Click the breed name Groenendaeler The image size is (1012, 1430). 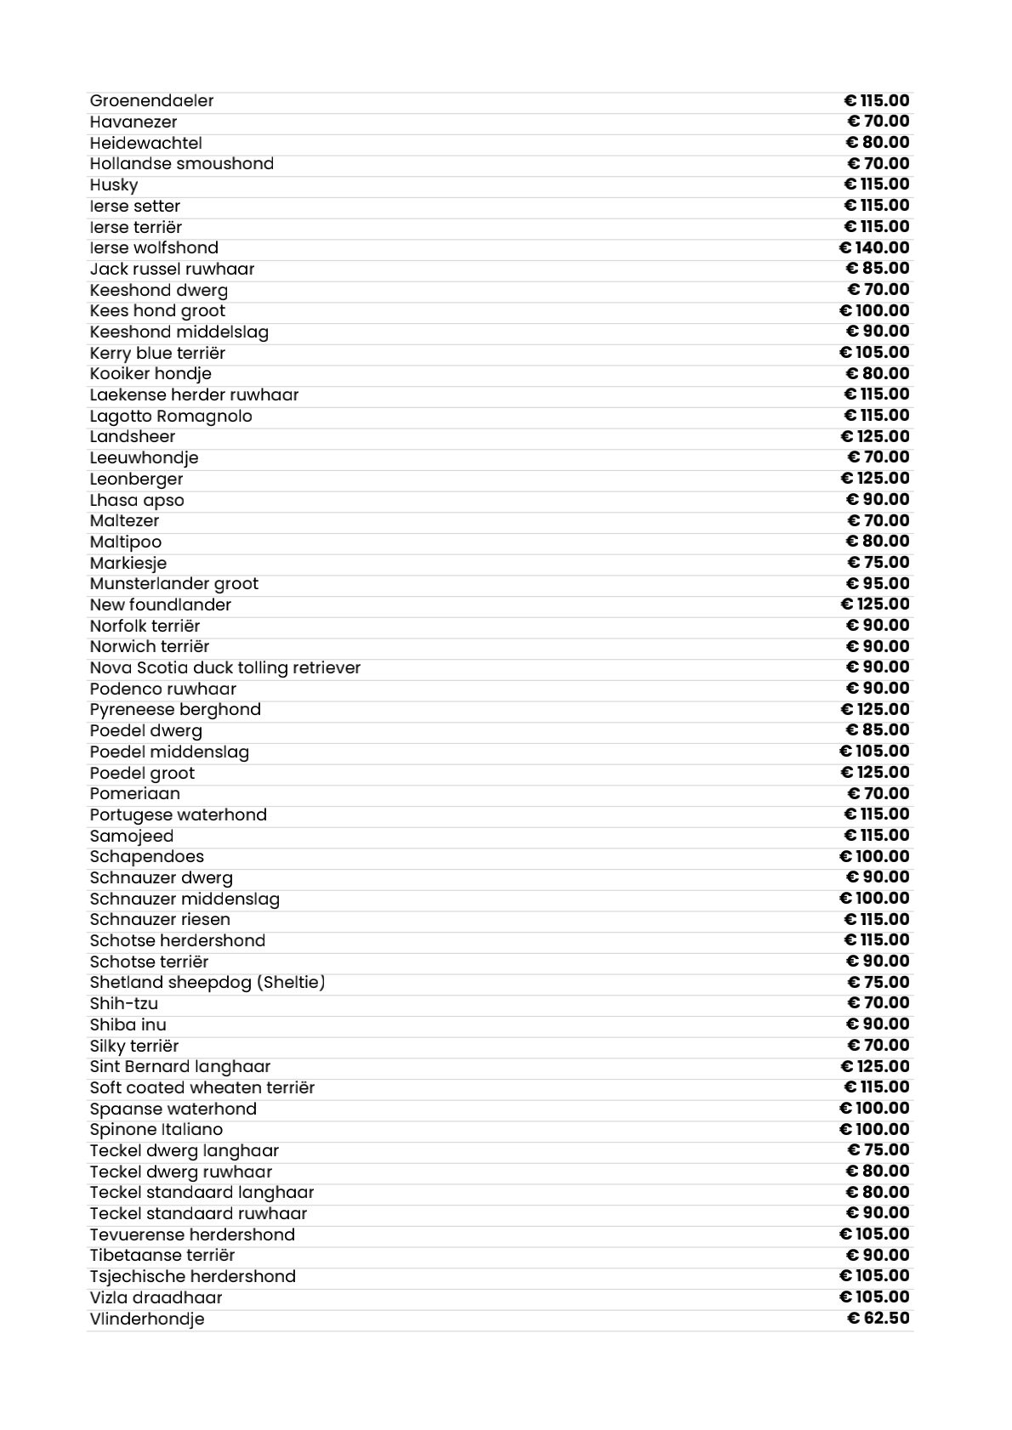click(151, 101)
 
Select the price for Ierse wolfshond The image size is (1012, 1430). click(874, 247)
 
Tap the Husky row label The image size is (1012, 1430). click(114, 185)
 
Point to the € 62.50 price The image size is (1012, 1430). click(878, 1319)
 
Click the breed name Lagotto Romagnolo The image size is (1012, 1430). click(171, 416)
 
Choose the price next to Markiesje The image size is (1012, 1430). click(878, 563)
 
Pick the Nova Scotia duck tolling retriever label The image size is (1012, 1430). click(225, 667)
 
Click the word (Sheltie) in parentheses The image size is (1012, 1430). click(293, 983)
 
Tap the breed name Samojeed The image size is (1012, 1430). click(132, 836)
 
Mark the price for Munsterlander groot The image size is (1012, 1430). click(878, 583)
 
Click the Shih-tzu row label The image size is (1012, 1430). click(124, 1003)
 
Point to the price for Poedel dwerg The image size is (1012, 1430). click(878, 730)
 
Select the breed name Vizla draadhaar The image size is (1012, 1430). click(156, 1297)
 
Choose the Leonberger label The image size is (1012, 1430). click(136, 479)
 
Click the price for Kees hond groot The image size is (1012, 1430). click(874, 310)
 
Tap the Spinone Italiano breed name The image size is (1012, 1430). click(156, 1130)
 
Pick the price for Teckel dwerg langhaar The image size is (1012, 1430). click(878, 1150)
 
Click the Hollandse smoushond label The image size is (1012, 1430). click(182, 163)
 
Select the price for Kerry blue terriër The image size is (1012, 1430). click(874, 353)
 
